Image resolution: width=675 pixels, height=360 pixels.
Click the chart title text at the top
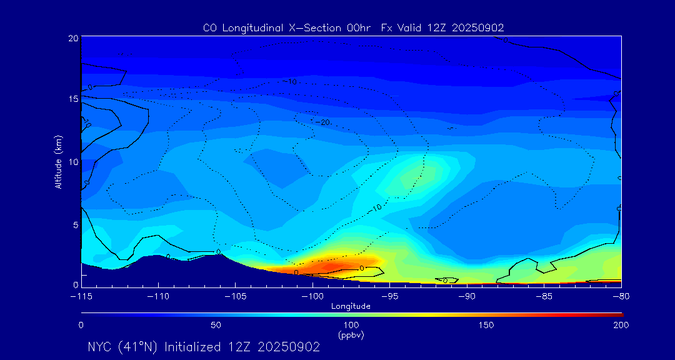(x=354, y=27)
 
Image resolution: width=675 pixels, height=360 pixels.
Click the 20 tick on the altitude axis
(x=73, y=39)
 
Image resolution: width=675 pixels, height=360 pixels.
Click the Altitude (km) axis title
(x=58, y=161)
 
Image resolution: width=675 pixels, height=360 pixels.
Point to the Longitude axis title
(x=351, y=306)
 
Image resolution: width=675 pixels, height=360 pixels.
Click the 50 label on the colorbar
(x=216, y=326)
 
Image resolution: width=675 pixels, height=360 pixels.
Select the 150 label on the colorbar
(x=486, y=326)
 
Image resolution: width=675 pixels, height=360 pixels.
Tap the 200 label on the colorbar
(x=621, y=326)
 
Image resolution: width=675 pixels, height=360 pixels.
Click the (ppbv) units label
(x=351, y=335)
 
